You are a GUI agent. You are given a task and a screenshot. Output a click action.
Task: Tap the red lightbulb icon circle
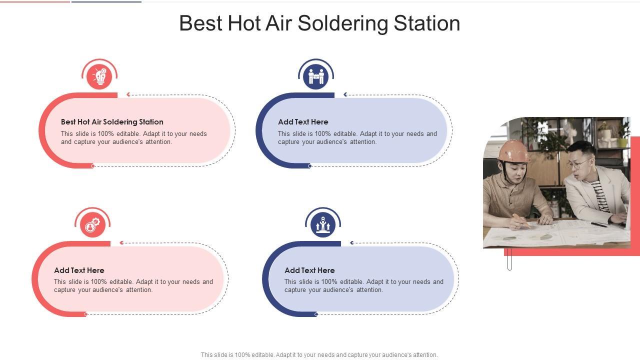[x=99, y=76]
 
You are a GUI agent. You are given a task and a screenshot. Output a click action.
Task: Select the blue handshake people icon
[x=315, y=76]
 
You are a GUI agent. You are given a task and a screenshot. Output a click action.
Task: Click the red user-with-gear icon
[x=92, y=225]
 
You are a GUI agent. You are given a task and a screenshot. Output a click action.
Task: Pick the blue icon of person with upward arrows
[x=323, y=225]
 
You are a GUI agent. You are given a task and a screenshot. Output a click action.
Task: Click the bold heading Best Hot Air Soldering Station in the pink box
[x=112, y=122]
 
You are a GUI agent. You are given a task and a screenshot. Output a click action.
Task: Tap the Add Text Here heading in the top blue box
[x=303, y=122]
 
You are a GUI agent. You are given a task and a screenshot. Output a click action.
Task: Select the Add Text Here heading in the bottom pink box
[x=79, y=270]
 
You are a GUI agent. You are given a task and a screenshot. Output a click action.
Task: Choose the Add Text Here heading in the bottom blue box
[x=309, y=270]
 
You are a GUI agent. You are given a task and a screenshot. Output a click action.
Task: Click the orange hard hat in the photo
[x=513, y=151]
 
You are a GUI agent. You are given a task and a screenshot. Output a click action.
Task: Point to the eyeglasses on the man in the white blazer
[x=578, y=164]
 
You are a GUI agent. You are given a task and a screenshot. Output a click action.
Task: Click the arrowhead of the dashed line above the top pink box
[x=128, y=94]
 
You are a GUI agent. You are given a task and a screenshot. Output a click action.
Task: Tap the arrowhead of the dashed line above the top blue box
[x=345, y=94]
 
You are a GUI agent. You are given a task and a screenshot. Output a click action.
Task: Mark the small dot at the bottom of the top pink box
[x=92, y=166]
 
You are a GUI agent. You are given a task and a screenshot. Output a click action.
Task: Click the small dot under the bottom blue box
[x=316, y=314]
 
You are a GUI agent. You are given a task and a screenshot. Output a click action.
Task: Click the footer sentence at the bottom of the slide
[x=319, y=355]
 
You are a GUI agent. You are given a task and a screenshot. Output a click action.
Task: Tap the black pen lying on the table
[x=599, y=225]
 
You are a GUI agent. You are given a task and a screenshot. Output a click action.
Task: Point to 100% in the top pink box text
[x=105, y=133]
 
